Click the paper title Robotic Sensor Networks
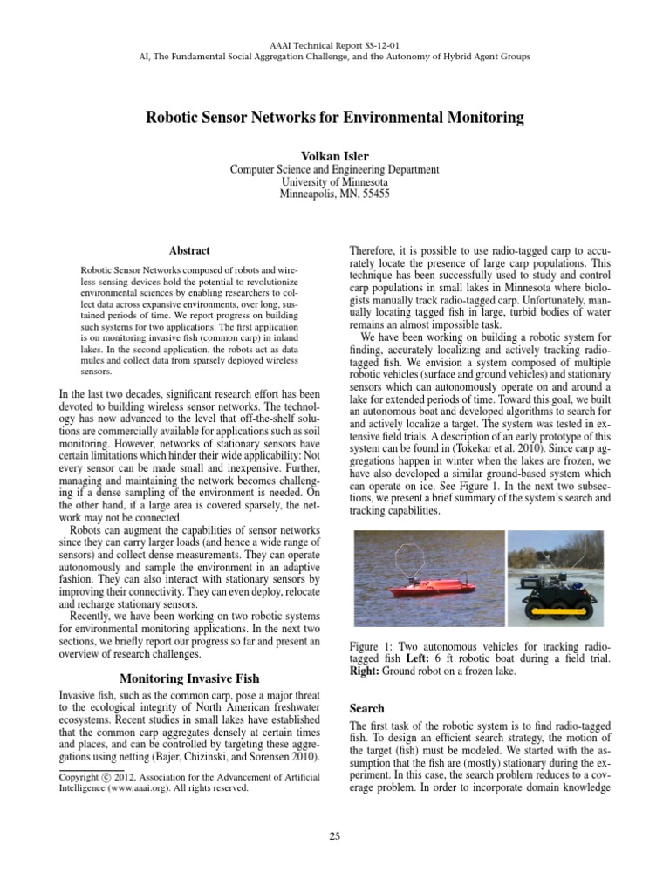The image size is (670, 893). tap(334, 117)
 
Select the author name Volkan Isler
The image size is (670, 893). tap(334, 155)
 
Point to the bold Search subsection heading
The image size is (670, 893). tap(366, 708)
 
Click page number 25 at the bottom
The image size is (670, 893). tap(334, 837)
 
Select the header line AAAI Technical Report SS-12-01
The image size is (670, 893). tap(334, 44)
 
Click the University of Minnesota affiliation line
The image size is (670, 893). tap(334, 182)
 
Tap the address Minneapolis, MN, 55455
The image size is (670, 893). tap(334, 194)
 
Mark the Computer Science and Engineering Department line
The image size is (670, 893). tap(334, 169)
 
